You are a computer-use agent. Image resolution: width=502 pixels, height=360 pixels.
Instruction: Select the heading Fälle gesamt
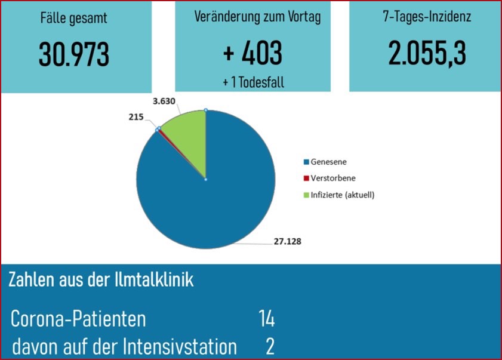coord(74,18)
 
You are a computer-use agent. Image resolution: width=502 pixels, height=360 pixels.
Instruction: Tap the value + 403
coord(252,54)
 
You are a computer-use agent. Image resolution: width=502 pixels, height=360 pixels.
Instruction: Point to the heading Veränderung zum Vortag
coord(257,17)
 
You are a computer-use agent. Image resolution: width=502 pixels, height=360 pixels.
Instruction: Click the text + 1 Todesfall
coord(253,82)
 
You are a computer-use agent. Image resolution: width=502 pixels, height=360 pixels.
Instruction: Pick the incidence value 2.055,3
coord(426,54)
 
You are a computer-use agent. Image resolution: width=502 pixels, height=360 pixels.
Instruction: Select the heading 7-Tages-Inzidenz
coord(427,17)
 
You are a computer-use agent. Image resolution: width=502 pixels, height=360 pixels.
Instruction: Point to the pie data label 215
coord(136,118)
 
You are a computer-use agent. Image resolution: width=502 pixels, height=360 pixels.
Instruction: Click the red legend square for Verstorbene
coord(307,179)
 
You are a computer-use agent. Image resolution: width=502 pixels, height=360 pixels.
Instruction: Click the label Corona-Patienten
coord(79,319)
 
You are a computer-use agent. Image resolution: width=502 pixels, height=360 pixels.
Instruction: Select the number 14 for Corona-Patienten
coord(266,319)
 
